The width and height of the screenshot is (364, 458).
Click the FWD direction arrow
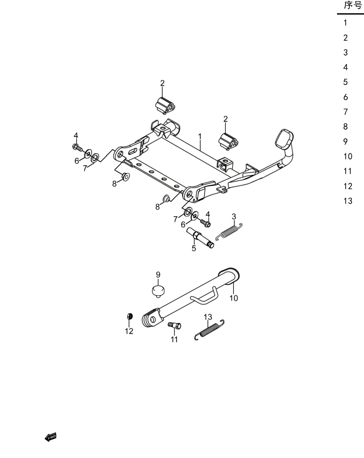pyautogui.click(x=50, y=437)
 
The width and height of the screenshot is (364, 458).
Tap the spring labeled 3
pyautogui.click(x=229, y=232)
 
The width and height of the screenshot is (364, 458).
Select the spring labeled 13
pyautogui.click(x=209, y=330)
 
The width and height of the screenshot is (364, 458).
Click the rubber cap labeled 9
pyautogui.click(x=158, y=291)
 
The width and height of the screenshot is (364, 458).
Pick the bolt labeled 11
pyautogui.click(x=175, y=325)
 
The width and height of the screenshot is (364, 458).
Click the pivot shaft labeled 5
pyautogui.click(x=200, y=238)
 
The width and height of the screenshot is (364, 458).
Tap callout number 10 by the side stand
pyautogui.click(x=234, y=298)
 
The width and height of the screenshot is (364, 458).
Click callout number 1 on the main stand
pyautogui.click(x=200, y=137)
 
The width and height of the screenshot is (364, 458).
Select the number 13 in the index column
pyautogui.click(x=348, y=201)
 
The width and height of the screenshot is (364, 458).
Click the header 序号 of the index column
pyautogui.click(x=353, y=5)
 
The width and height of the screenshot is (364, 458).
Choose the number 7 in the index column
pyautogui.click(x=346, y=112)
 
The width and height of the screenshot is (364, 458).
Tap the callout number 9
pyautogui.click(x=158, y=274)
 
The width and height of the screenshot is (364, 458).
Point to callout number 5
pyautogui.click(x=194, y=249)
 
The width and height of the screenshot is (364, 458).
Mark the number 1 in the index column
pyautogui.click(x=345, y=22)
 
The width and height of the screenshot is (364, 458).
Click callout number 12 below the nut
pyautogui.click(x=129, y=331)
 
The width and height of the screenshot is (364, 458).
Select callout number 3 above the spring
pyautogui.click(x=234, y=217)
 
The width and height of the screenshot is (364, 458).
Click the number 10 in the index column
pyautogui.click(x=348, y=157)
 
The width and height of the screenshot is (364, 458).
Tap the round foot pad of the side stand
pyautogui.click(x=229, y=274)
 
